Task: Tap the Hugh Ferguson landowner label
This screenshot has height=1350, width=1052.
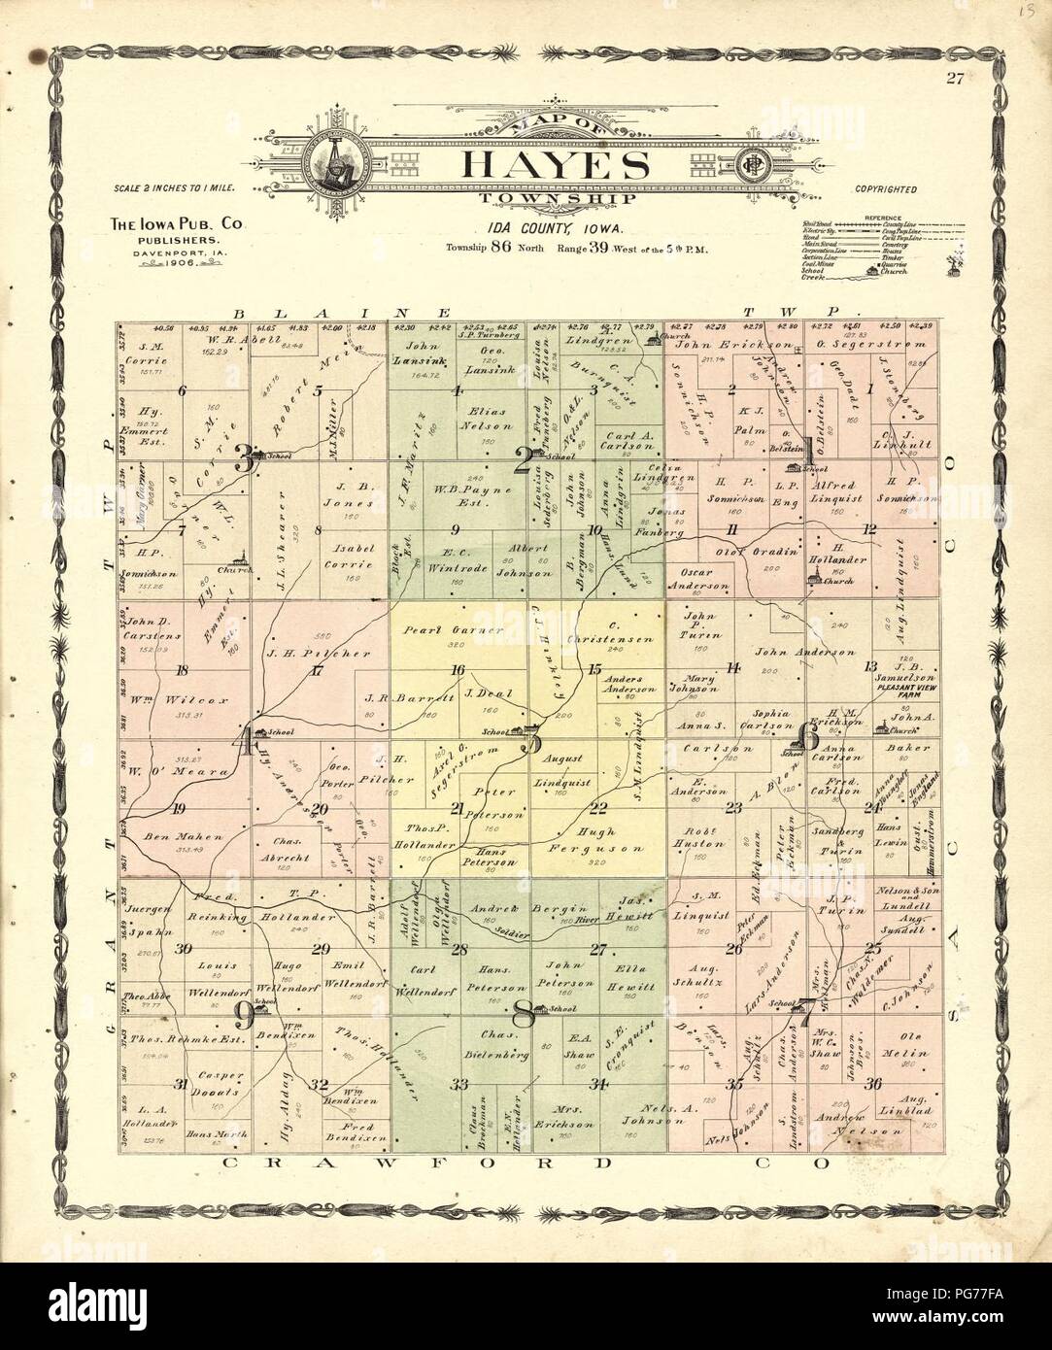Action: (604, 841)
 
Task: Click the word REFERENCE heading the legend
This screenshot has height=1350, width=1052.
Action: (886, 219)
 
